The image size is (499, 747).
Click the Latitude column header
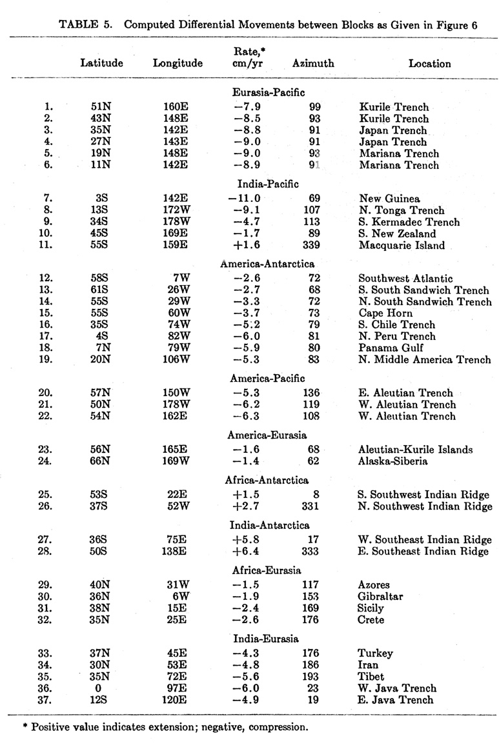coord(101,63)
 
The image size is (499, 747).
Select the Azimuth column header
coord(313,63)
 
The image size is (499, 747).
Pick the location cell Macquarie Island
coord(402,246)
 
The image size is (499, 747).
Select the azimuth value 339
coord(310,246)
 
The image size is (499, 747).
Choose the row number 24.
coord(47,461)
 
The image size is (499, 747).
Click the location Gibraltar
coord(381,597)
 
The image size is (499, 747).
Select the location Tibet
coord(371,677)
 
